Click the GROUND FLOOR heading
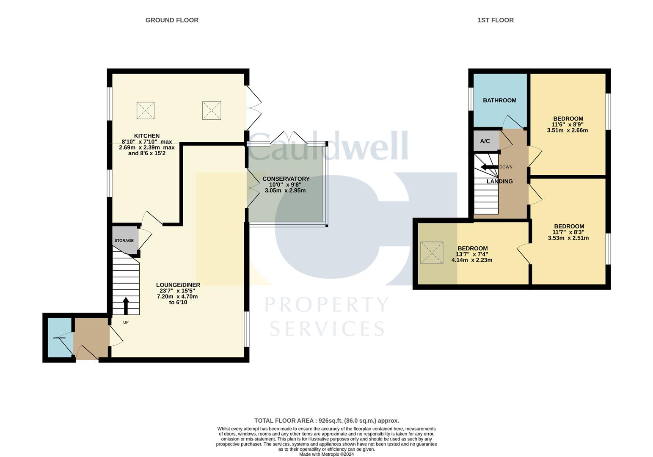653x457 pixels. (172, 20)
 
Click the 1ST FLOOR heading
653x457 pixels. (495, 20)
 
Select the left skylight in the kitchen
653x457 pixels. (145, 110)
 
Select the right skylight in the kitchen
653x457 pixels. (212, 111)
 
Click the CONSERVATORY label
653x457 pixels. (286, 179)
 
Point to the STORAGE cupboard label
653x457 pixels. (124, 240)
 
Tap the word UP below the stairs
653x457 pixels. (126, 322)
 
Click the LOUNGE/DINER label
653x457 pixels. (178, 285)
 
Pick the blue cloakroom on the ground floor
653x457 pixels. (59, 337)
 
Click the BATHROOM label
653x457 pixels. (499, 100)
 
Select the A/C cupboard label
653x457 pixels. (485, 141)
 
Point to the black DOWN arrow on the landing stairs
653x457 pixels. (489, 167)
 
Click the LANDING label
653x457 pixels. (499, 181)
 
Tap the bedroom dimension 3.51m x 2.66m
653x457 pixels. (567, 130)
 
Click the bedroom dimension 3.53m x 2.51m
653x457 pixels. (568, 238)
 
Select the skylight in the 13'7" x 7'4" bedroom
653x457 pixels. (432, 253)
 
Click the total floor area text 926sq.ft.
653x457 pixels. (326, 421)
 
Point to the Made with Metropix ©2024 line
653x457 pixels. (326, 454)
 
